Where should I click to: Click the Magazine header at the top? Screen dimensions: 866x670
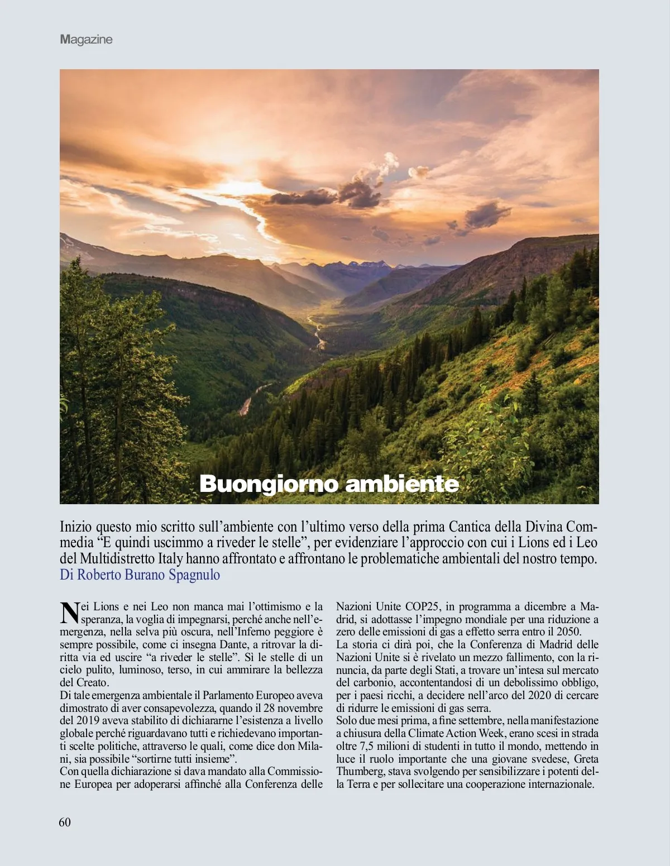(86, 40)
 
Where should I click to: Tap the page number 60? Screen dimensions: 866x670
(65, 822)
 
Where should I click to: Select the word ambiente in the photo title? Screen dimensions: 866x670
(401, 484)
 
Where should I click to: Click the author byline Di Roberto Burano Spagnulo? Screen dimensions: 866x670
(140, 575)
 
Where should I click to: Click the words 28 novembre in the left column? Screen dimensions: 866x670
(285, 708)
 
